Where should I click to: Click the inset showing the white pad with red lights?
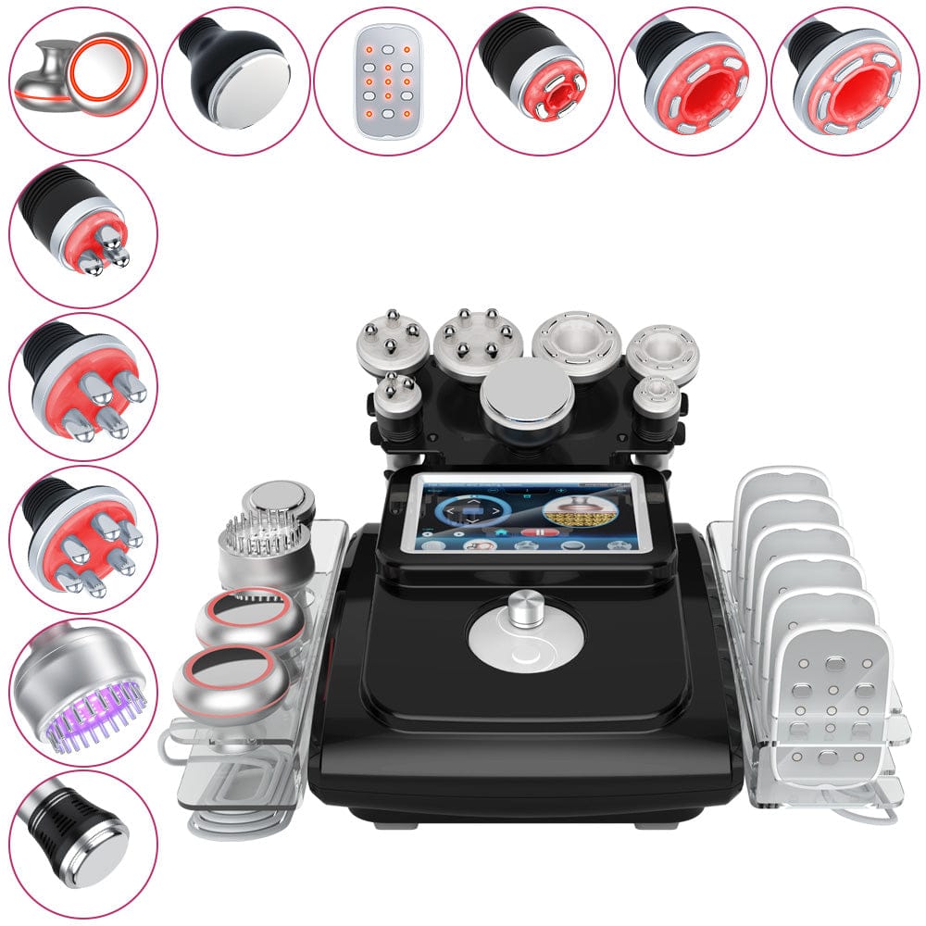point(387,81)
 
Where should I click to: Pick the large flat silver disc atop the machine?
point(527,390)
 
